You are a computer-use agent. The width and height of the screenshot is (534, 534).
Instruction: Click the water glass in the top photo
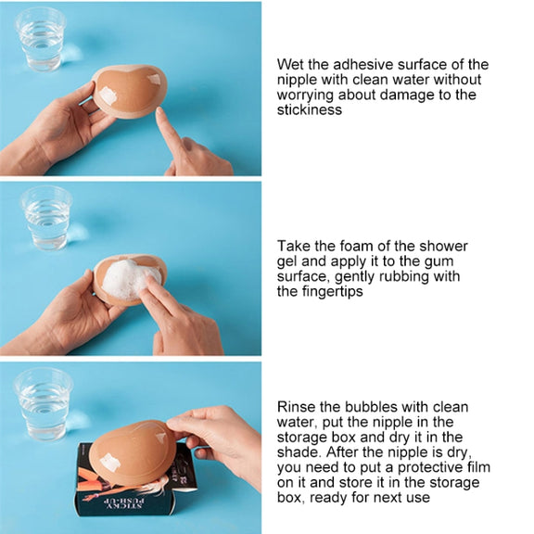point(41,39)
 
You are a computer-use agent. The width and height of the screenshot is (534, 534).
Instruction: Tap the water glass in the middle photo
point(46,218)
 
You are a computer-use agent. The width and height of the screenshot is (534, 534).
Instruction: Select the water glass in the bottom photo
point(44,404)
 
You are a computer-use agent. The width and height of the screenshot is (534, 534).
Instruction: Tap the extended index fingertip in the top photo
point(159,111)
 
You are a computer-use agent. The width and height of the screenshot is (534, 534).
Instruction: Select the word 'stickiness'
point(310,109)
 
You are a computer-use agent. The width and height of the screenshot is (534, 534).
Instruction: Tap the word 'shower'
point(444,246)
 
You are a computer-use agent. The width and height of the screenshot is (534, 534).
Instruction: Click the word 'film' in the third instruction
point(479,467)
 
